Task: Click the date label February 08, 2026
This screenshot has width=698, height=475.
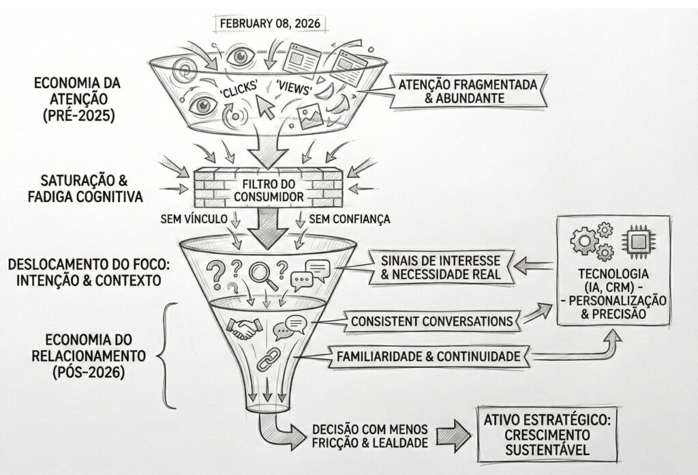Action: pos(270,22)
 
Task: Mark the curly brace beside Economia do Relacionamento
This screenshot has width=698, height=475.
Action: pos(164,355)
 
